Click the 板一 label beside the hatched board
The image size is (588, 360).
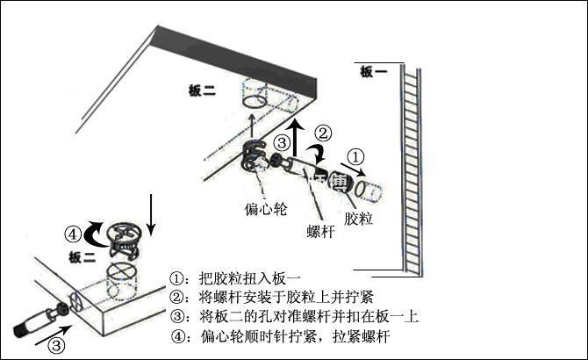(x=373, y=73)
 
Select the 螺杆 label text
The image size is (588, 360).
(x=319, y=231)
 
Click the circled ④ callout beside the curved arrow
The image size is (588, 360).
(x=74, y=234)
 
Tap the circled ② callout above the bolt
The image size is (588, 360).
(x=323, y=133)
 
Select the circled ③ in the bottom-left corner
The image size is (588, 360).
(x=55, y=344)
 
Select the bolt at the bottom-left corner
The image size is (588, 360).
(x=39, y=319)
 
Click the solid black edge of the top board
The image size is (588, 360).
(x=237, y=54)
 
